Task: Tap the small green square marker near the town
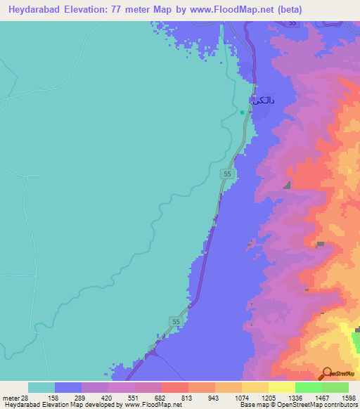241,112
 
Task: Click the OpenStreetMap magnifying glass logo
327,374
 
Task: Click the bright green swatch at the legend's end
335,387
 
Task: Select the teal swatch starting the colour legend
41,387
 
